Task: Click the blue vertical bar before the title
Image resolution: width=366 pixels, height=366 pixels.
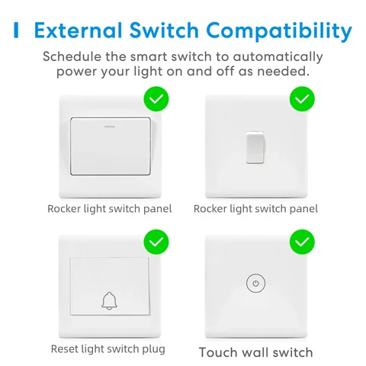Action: [x=16, y=31]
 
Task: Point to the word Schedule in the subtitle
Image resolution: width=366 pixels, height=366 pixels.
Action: [x=73, y=57]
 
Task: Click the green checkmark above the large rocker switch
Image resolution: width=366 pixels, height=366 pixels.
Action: [x=156, y=99]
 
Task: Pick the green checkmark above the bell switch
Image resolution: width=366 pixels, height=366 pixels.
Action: [x=156, y=243]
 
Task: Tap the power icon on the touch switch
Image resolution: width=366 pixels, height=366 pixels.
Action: [x=256, y=284]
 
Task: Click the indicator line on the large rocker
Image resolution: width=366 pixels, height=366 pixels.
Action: [x=110, y=121]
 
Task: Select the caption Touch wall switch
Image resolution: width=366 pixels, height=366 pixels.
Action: [x=256, y=352]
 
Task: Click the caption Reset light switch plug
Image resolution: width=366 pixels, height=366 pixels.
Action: [x=108, y=349]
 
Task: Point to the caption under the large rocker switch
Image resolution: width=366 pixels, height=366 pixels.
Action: [x=110, y=208]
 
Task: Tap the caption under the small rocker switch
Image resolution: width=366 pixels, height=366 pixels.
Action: [x=256, y=208]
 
